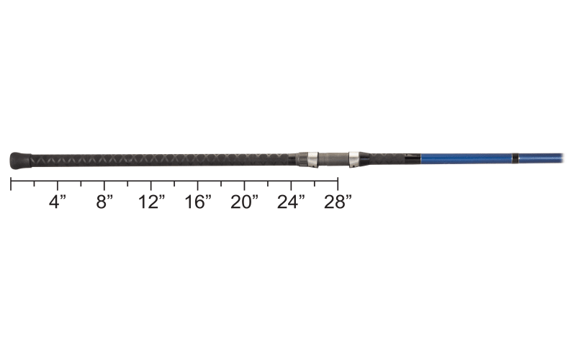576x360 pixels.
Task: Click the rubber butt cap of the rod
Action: (20, 161)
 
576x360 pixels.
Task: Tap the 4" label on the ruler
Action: (58, 202)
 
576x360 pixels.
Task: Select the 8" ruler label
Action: (104, 202)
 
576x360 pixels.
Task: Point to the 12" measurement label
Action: (151, 202)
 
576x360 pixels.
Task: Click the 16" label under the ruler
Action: (198, 202)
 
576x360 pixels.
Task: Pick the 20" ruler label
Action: (244, 202)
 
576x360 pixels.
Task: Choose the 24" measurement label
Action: (291, 202)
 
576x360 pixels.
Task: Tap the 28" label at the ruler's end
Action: (338, 202)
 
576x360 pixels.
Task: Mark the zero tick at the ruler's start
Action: (11, 184)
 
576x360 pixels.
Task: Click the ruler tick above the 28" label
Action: (337, 184)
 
